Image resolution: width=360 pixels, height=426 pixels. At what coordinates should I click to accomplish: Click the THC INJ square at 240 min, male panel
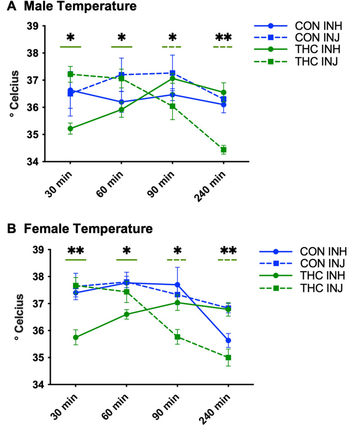224,150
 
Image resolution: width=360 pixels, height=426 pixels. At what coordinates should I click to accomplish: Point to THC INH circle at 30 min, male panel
70,129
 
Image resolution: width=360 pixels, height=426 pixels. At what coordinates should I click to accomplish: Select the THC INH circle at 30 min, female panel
76,337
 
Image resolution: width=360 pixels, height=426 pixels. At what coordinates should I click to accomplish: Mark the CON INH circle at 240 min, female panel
228,340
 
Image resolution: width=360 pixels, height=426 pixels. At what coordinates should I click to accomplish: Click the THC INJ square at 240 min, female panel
228,357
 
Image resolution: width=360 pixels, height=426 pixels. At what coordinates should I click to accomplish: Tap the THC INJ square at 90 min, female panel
177,337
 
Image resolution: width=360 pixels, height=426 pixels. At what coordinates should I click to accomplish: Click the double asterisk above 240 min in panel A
223,38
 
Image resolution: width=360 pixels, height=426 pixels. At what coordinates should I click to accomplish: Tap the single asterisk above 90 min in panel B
177,251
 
